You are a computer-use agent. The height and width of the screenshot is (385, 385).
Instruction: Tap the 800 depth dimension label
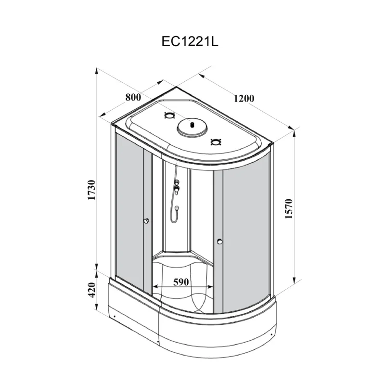133,97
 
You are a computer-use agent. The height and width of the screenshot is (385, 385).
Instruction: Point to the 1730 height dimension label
91,192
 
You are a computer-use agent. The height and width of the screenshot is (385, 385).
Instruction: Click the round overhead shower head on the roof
192,128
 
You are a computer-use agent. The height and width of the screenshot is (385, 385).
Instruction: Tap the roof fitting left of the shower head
169,115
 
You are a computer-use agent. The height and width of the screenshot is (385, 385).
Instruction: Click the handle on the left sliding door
146,221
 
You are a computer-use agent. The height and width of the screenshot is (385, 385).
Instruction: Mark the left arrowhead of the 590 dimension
155,289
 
